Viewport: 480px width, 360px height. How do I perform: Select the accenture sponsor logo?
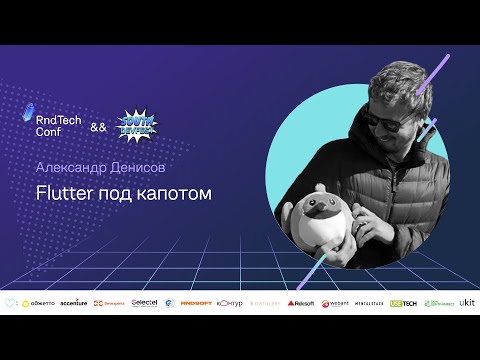pos(74,302)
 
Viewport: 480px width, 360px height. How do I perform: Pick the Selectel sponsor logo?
pos(144,302)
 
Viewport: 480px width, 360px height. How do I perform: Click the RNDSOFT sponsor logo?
pos(198,302)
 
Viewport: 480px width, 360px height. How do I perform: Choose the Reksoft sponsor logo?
pos(301,302)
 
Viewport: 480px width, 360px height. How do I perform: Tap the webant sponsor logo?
pos(334,302)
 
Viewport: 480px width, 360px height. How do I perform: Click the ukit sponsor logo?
pos(466,301)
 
